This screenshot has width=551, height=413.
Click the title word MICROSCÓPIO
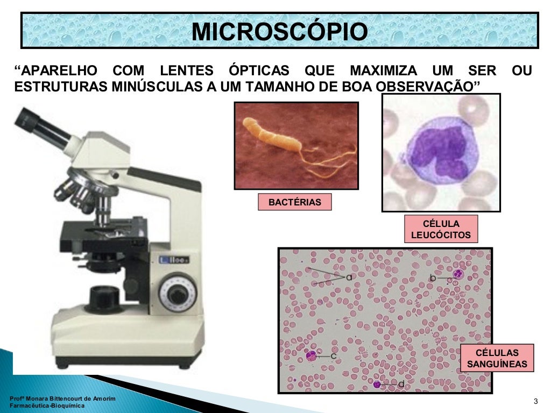point(280,32)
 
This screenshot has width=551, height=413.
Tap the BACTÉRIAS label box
point(294,202)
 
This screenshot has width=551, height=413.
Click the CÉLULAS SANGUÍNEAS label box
point(497,358)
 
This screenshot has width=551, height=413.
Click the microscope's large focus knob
point(176,293)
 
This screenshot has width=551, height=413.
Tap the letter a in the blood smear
point(349,277)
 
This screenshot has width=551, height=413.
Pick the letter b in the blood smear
point(433,277)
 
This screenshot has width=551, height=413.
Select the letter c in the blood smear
point(333,355)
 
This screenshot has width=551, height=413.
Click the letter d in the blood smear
point(401,384)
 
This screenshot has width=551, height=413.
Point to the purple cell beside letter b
point(458,275)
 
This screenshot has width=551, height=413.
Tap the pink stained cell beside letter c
point(311,355)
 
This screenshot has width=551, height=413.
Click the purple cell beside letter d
point(378,384)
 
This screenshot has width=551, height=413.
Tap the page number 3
point(535,401)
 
